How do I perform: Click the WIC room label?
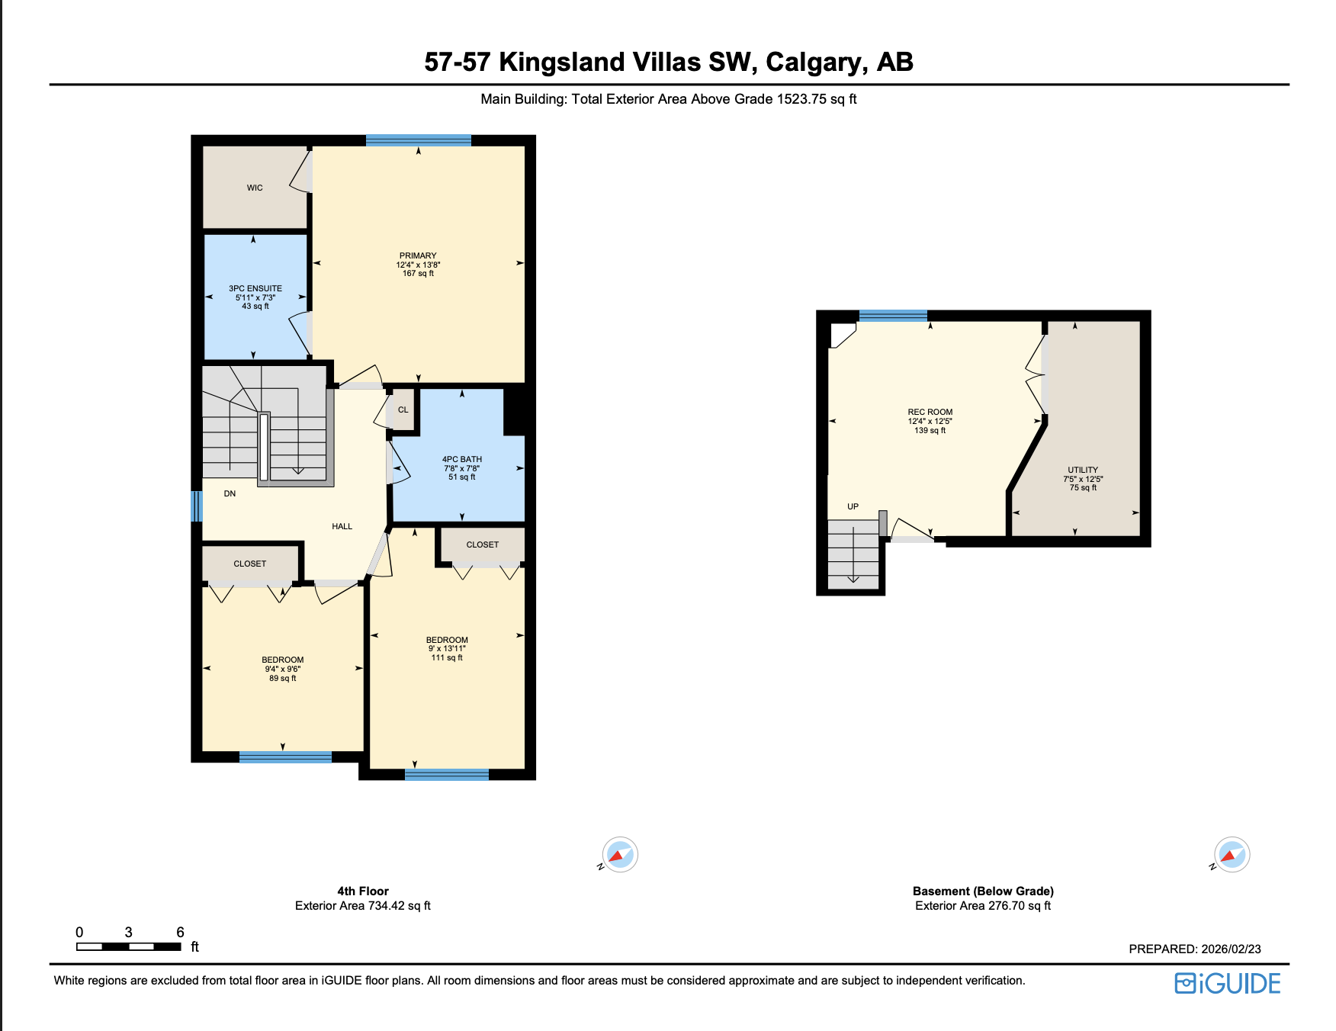(255, 188)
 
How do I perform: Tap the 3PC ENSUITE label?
(255, 288)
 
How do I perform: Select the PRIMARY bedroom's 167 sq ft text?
(418, 274)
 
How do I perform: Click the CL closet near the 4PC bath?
(403, 410)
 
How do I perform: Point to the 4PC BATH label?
(462, 460)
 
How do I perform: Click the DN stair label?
(230, 494)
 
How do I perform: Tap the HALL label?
(342, 527)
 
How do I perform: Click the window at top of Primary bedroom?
(418, 140)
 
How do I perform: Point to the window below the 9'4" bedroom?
(285, 757)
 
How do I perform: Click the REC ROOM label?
(930, 413)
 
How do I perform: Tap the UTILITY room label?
(1083, 471)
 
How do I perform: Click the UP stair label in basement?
(853, 507)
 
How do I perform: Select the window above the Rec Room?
(893, 316)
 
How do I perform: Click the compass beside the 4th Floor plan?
(620, 855)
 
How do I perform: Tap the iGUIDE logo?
(1228, 984)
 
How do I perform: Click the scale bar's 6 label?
(180, 933)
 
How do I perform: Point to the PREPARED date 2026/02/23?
(1231, 949)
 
